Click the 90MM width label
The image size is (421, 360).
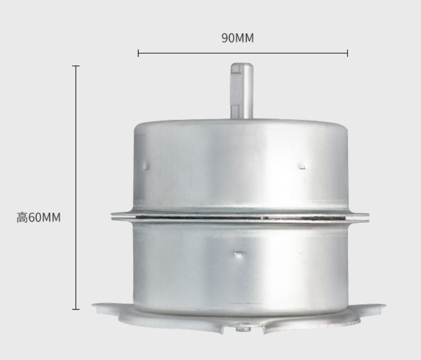click(x=237, y=38)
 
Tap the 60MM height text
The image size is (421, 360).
click(x=44, y=217)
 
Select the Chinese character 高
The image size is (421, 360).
click(x=23, y=217)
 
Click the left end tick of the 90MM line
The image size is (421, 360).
click(x=139, y=53)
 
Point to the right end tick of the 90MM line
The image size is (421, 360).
click(x=347, y=53)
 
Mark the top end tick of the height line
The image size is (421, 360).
click(x=76, y=65)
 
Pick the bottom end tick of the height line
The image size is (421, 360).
click(x=76, y=309)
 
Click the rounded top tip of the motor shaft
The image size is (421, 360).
click(x=242, y=64)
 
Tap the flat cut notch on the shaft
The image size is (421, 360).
click(x=235, y=91)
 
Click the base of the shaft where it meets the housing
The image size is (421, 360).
click(x=242, y=117)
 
